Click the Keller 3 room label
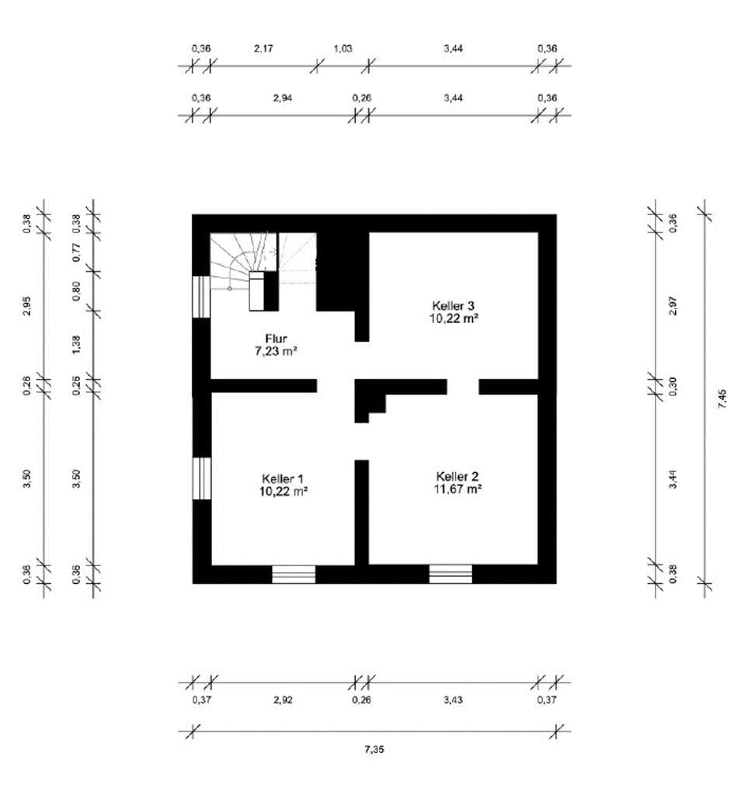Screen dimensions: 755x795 (453, 306)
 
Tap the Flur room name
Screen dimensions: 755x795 (276, 338)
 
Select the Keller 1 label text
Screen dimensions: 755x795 (283, 478)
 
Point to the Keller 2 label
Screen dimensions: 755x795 (458, 477)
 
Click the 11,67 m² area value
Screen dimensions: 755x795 (458, 489)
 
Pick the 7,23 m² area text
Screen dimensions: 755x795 (276, 351)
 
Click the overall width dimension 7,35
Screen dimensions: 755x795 (374, 749)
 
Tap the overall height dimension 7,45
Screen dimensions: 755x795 (722, 398)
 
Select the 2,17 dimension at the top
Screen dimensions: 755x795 (263, 49)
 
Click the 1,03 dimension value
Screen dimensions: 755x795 (343, 49)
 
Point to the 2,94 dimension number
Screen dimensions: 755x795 (283, 98)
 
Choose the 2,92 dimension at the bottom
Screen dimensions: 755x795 (283, 700)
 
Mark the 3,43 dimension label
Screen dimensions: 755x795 (453, 700)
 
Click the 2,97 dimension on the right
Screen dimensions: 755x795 (673, 306)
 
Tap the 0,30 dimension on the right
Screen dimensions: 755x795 (673, 387)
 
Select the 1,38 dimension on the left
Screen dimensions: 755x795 (76, 345)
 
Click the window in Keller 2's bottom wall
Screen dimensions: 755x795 (451, 575)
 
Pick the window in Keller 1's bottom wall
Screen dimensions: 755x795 (294, 575)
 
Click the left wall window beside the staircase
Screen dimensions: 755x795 (201, 297)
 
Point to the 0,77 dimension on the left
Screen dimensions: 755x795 (76, 252)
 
